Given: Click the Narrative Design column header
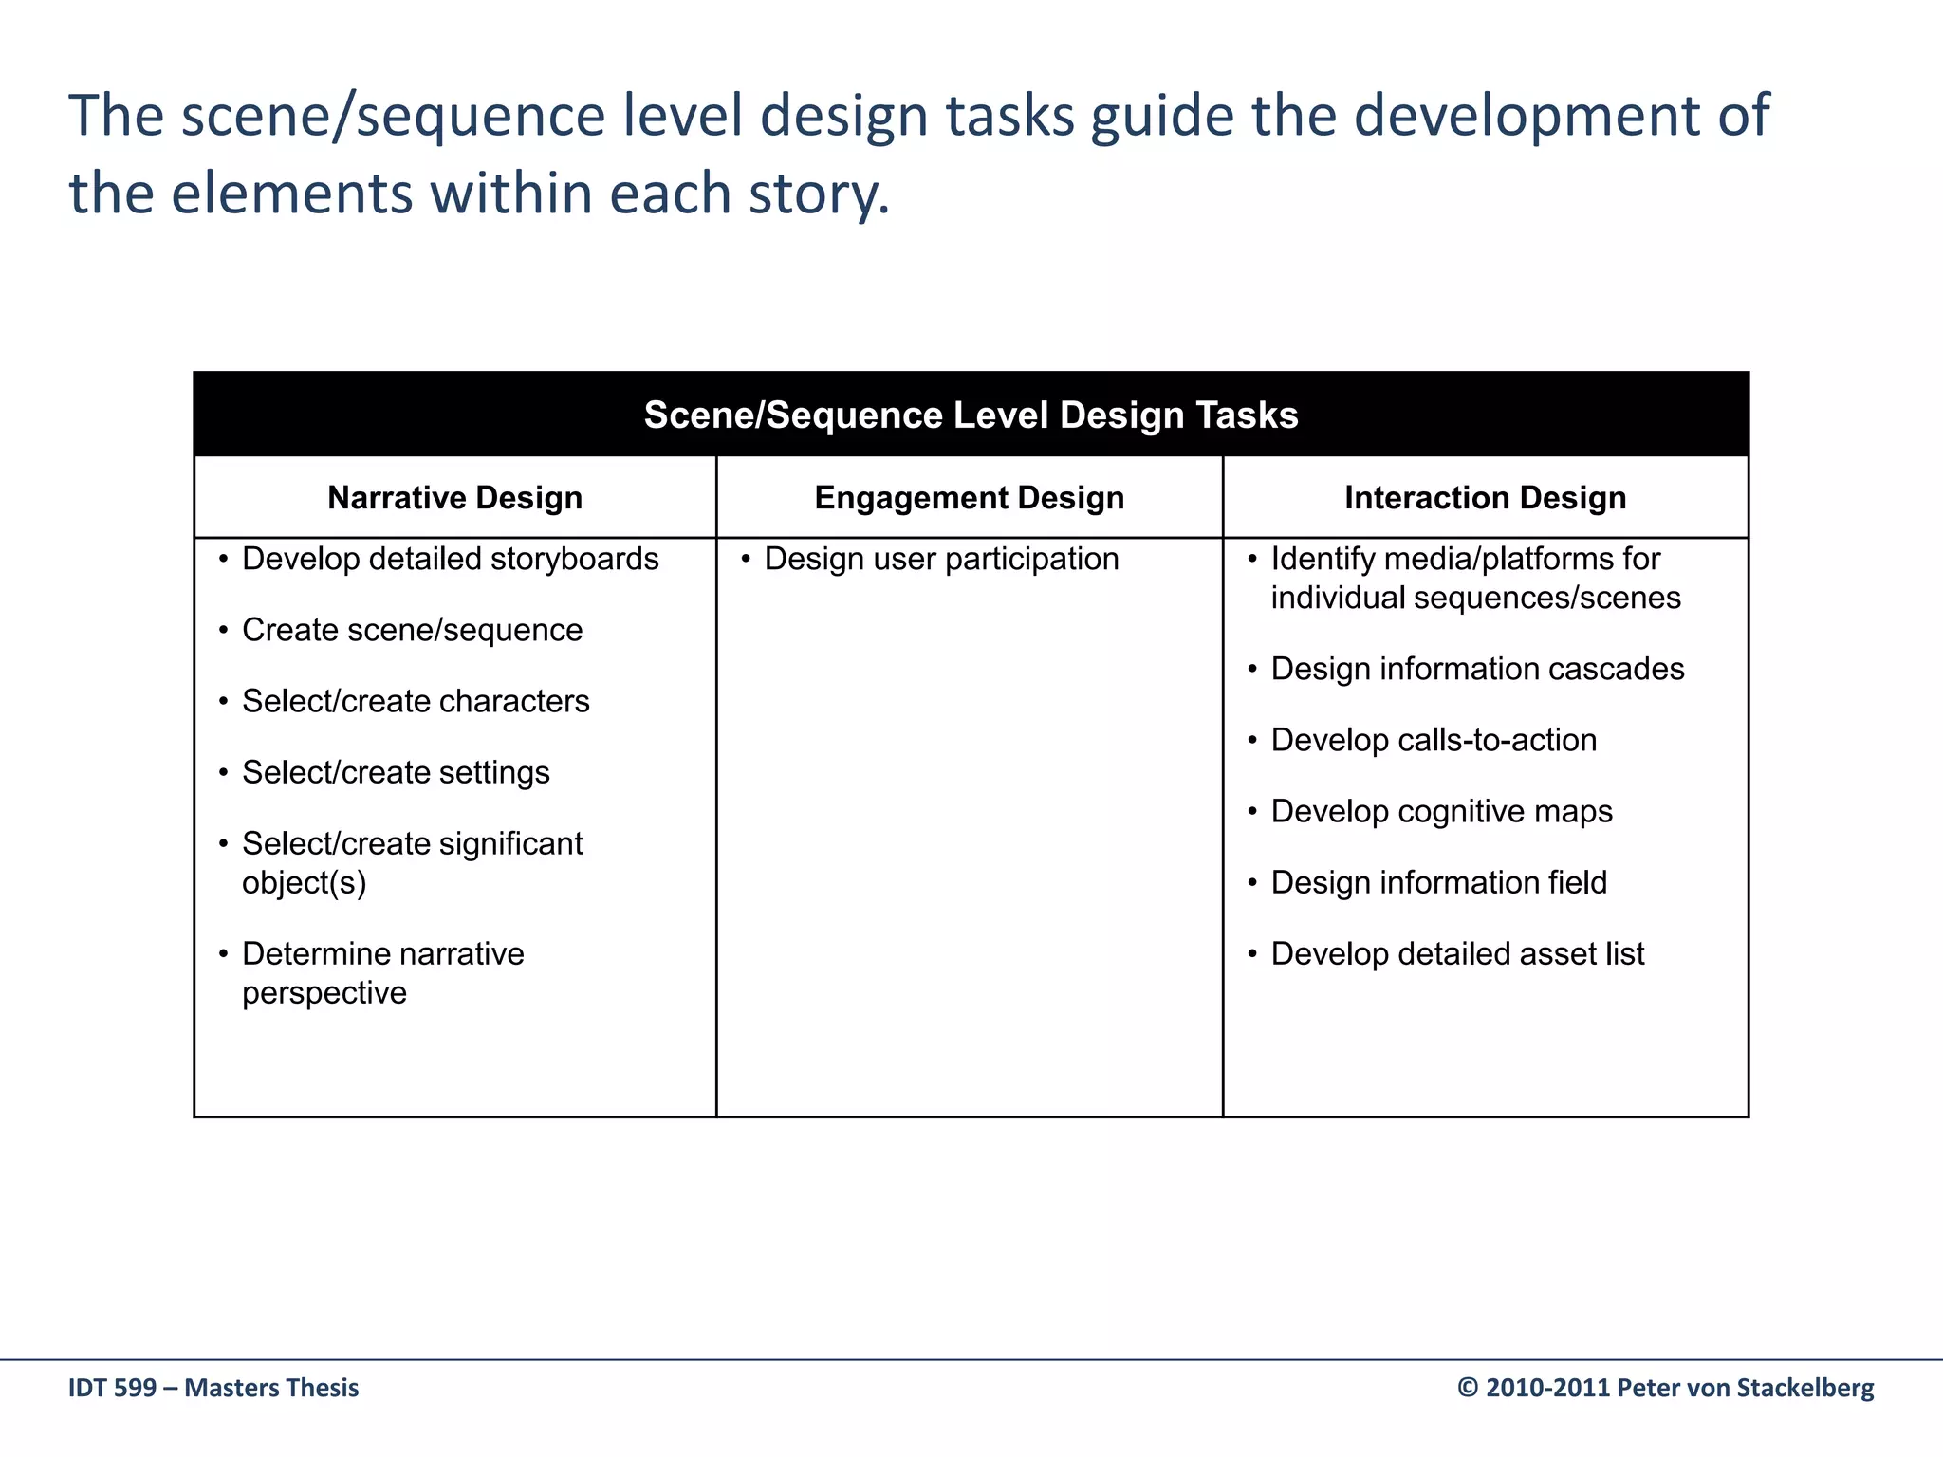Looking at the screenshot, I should pos(454,498).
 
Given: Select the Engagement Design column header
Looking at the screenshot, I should pos(969,498).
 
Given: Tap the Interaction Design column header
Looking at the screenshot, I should pos(1485,498).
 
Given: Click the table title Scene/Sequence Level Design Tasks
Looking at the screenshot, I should pos(971,415).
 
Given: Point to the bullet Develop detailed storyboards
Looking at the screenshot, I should pos(450,560).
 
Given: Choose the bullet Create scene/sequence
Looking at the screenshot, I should pos(412,631).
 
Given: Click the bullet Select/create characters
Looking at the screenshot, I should pos(416,702).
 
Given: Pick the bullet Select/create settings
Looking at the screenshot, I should pos(396,773).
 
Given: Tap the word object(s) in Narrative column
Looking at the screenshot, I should pos(304,883).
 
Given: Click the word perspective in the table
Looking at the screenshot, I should pos(324,993).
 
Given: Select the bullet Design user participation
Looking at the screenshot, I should pos(941,560).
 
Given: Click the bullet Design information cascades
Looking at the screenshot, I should pos(1477,670).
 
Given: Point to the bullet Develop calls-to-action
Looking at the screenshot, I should pos(1434,741).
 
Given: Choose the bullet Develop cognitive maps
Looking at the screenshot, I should pos(1441,812).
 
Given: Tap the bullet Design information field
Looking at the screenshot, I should pos(1438,883).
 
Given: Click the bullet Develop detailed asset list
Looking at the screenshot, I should pos(1457,954).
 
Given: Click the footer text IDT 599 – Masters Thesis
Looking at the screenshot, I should pos(213,1388).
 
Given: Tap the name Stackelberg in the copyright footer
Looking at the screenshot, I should pos(1804,1388).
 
